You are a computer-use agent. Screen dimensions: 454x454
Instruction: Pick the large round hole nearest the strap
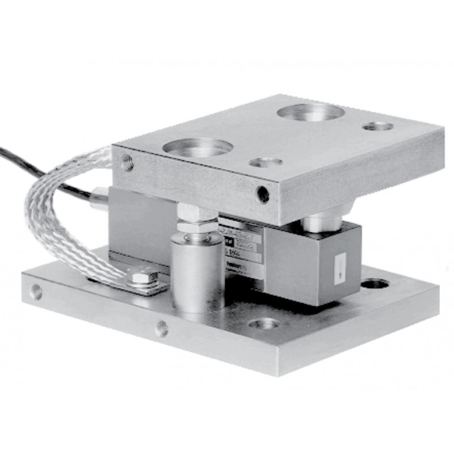[x=197, y=147]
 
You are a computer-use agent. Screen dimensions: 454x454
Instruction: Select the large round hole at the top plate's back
[x=310, y=112]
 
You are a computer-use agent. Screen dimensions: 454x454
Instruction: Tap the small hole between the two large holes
[x=266, y=162]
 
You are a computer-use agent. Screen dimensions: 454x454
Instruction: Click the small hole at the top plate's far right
[x=377, y=125]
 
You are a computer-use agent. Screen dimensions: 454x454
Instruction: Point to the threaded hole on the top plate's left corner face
[x=127, y=163]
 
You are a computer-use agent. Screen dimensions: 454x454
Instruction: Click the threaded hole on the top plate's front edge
[x=263, y=194]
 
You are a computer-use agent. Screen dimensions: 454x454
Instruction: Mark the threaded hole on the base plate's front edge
[x=162, y=327]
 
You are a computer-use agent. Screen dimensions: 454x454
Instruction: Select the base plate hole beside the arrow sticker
[x=375, y=283]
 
